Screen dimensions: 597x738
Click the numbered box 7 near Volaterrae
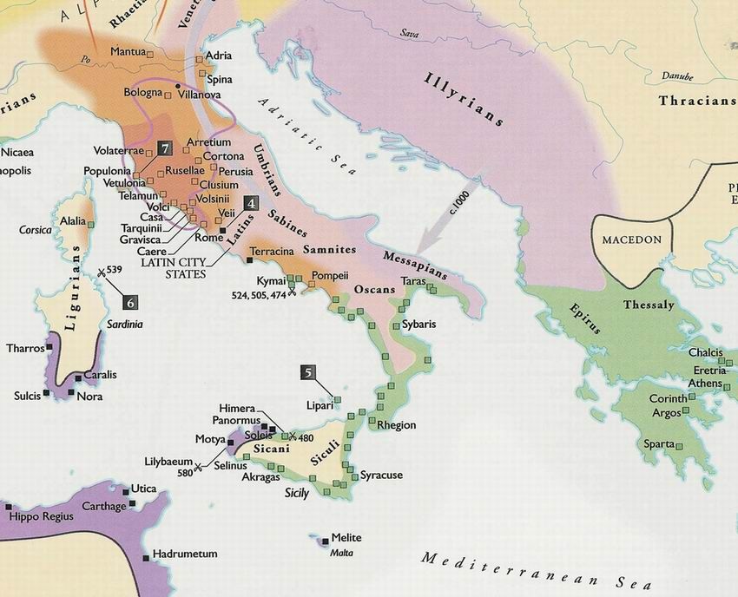click(165, 147)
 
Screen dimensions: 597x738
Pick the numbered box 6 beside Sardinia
click(130, 302)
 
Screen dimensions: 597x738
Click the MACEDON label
click(631, 240)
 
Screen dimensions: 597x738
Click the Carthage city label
click(104, 506)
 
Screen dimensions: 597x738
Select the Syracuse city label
click(381, 476)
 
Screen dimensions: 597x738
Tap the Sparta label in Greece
click(659, 444)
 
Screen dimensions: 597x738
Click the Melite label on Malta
click(346, 538)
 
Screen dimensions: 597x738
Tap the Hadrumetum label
click(185, 553)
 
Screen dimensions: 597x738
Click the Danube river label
click(677, 76)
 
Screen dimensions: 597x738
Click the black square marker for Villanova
click(178, 86)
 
